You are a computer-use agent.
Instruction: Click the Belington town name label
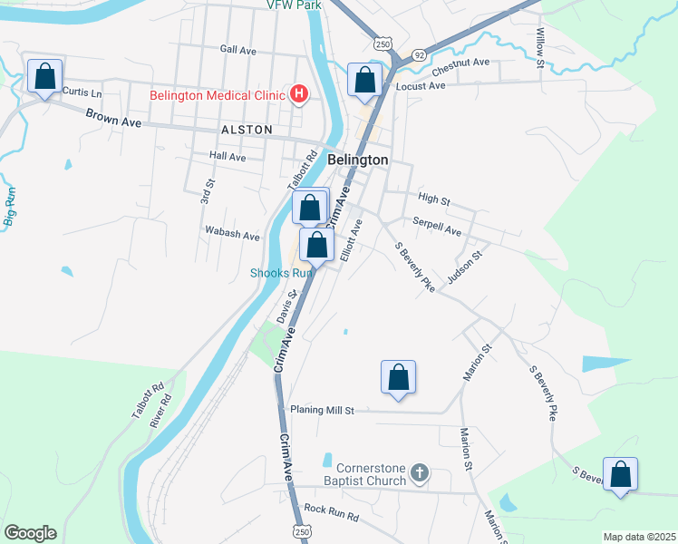(x=357, y=160)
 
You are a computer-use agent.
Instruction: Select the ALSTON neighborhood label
(x=246, y=131)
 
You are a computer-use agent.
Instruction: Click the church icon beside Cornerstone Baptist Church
(x=419, y=472)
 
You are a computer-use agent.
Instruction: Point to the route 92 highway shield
(x=420, y=55)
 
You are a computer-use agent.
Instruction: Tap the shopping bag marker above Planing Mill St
(x=398, y=377)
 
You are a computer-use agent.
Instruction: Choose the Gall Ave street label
(x=238, y=49)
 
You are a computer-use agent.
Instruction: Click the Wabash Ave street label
(x=232, y=235)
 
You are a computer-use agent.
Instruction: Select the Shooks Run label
(x=281, y=273)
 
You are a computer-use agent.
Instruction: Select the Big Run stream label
(x=10, y=207)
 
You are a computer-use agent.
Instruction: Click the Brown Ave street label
(x=113, y=118)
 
